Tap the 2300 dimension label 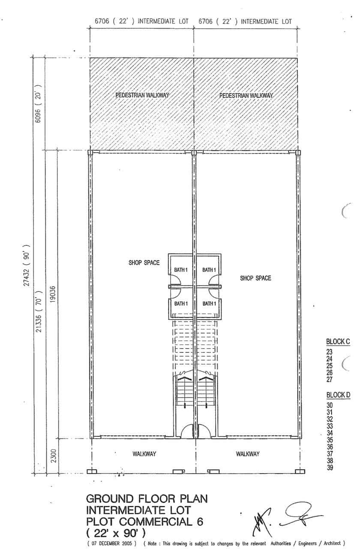point(54,455)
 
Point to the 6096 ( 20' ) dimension point(39,104)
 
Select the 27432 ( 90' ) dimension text point(27,265)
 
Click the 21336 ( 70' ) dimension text point(39,311)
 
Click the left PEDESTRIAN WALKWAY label point(142,95)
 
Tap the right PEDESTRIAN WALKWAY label point(246,95)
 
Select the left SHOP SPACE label point(144,263)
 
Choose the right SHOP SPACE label point(255,278)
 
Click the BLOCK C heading point(338,341)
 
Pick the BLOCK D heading point(338,395)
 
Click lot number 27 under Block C point(330,380)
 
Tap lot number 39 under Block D point(330,468)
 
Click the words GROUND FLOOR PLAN point(147,499)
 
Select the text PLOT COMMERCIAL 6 point(145,522)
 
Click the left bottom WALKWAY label point(144,454)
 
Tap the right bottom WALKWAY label point(248,454)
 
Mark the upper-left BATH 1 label point(181,270)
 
